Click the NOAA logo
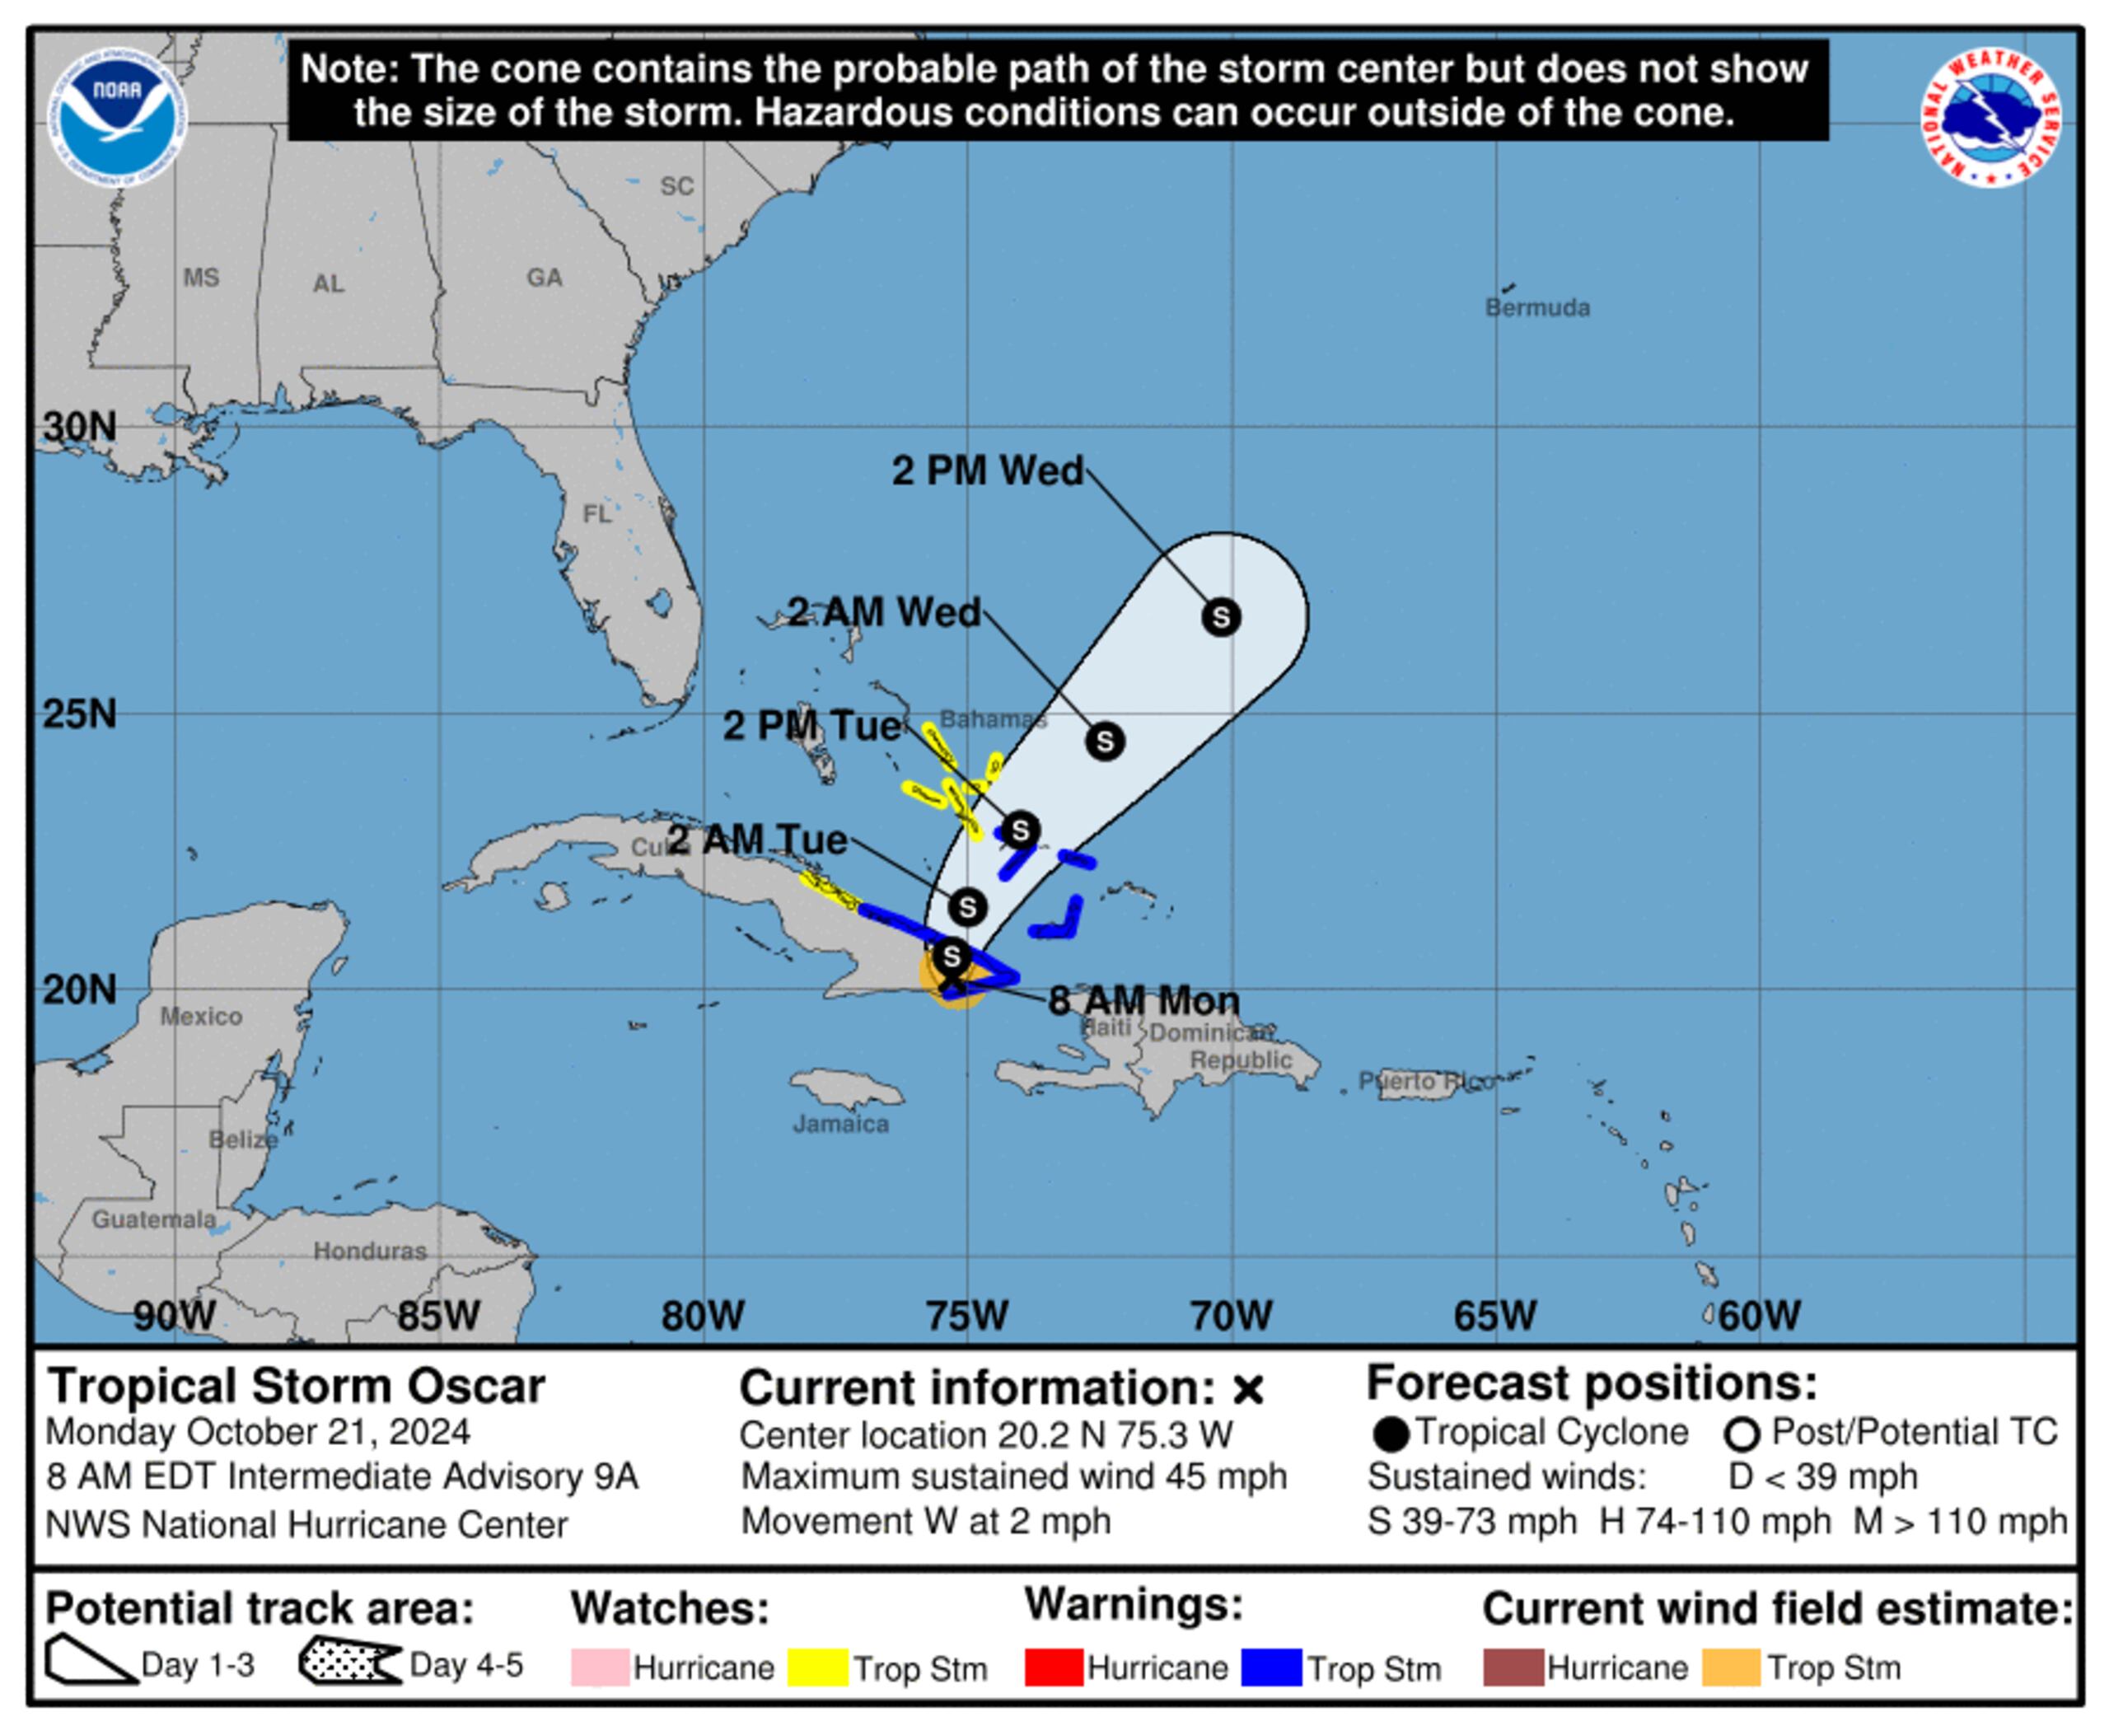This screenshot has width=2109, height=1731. click(117, 118)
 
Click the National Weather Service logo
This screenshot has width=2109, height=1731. click(1990, 118)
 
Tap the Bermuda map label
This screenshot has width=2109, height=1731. click(1536, 307)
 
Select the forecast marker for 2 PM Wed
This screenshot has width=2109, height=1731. click(1221, 617)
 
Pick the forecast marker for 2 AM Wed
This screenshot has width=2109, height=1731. click(1104, 741)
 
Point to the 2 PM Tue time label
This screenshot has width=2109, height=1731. click(811, 726)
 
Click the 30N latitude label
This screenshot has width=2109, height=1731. click(79, 427)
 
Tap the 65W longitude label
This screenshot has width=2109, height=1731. click(1494, 1315)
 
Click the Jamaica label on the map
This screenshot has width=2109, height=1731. click(840, 1124)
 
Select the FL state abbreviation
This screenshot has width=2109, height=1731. click(596, 513)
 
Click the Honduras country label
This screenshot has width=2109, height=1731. click(370, 1251)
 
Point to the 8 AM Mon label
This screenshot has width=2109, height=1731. click(1143, 1000)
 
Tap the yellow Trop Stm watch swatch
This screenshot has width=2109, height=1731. click(816, 1668)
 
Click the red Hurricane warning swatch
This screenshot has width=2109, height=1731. click(1053, 1668)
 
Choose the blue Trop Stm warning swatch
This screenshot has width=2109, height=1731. click(1270, 1668)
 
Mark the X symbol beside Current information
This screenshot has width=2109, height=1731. click(1247, 1389)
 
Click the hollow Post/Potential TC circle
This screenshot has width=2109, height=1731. click(1741, 1435)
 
